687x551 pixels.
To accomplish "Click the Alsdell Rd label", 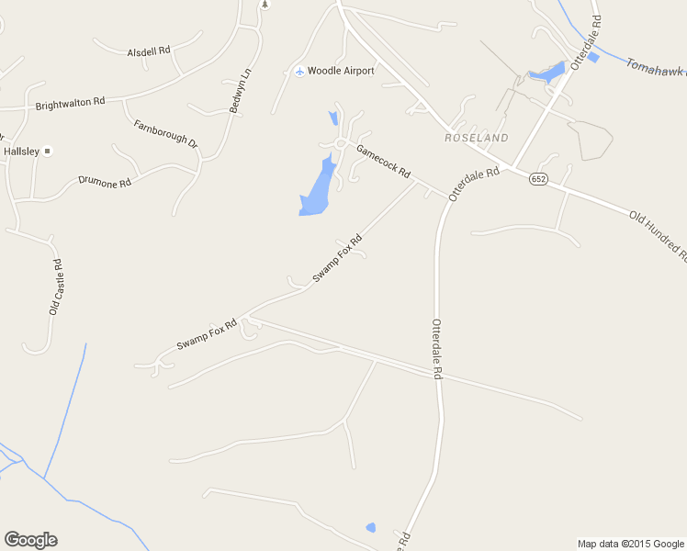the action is pyautogui.click(x=149, y=52).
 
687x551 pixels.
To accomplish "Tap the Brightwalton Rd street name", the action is pyautogui.click(x=71, y=105).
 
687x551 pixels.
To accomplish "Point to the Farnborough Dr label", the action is pyautogui.click(x=165, y=134).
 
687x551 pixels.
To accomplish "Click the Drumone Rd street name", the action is pyautogui.click(x=105, y=182).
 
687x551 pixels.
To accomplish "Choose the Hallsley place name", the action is pyautogui.click(x=21, y=151).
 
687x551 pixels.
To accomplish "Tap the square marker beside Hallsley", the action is pyautogui.click(x=49, y=151).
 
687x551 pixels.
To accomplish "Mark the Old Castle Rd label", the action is pyautogui.click(x=57, y=287).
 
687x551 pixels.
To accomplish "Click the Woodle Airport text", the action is pyautogui.click(x=341, y=71).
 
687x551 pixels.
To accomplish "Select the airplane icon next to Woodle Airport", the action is pyautogui.click(x=298, y=71).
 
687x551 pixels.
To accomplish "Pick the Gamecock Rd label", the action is pyautogui.click(x=382, y=163).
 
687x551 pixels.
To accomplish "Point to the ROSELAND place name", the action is pyautogui.click(x=476, y=138).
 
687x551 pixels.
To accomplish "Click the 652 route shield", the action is pyautogui.click(x=538, y=179).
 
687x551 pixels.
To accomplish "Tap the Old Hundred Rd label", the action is pyautogui.click(x=658, y=233).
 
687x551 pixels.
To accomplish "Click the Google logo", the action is pyautogui.click(x=30, y=540).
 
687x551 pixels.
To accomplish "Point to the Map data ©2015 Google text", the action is pyautogui.click(x=630, y=544).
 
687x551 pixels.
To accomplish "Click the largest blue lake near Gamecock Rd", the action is pyautogui.click(x=317, y=190).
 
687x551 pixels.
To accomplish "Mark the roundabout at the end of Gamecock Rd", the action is pyautogui.click(x=341, y=143).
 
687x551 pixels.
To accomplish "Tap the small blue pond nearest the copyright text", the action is pyautogui.click(x=370, y=527).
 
